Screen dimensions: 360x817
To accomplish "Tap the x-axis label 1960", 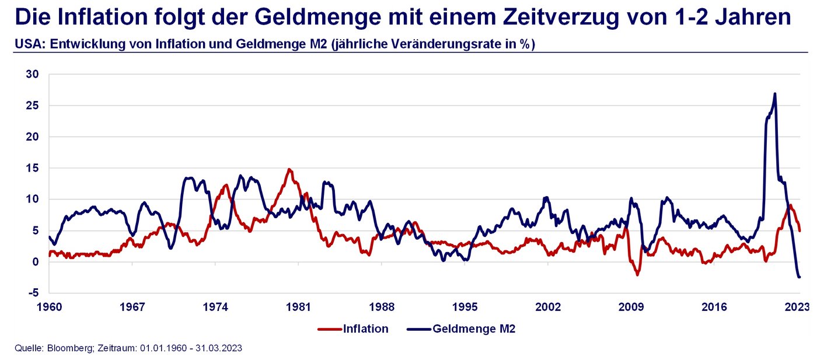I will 49,307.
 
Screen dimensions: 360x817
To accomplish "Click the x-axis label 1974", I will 215,307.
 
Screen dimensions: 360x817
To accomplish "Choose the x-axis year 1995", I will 465,307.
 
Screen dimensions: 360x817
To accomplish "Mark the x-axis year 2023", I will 798,307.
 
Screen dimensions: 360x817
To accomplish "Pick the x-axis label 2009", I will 631,307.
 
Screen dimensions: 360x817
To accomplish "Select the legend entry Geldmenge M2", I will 474,329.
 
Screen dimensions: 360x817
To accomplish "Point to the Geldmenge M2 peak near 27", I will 774,93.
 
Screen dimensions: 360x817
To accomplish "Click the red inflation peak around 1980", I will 289,170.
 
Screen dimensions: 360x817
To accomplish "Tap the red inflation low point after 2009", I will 638,274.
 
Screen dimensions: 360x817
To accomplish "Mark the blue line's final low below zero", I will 799,277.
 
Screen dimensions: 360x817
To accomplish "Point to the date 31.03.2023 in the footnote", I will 220,348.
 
